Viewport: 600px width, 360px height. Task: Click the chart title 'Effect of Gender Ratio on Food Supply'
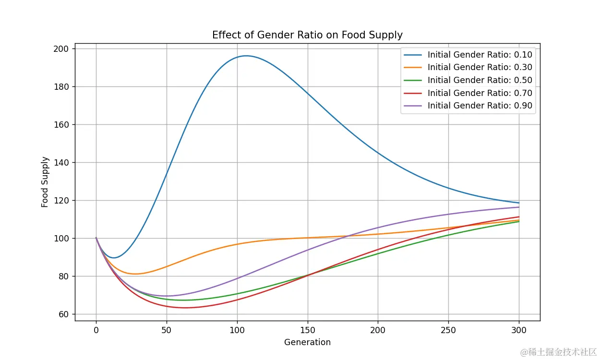[x=307, y=35]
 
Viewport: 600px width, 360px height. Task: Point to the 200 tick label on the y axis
[x=64, y=49]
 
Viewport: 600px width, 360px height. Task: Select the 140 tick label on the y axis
[x=64, y=163]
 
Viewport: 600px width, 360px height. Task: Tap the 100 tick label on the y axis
[x=64, y=239]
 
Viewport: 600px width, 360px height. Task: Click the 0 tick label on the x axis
[x=96, y=330]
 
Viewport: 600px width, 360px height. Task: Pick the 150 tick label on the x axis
[x=307, y=330]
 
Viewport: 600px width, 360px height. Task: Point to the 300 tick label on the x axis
[x=519, y=330]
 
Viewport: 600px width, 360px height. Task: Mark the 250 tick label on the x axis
[x=448, y=330]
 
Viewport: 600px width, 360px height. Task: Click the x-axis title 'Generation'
[x=307, y=342]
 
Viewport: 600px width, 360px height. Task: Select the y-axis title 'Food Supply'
[x=45, y=182]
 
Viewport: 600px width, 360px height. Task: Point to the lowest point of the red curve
[x=185, y=308]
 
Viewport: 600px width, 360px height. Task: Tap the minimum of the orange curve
[x=135, y=274]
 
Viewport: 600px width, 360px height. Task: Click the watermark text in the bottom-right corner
[x=559, y=352]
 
